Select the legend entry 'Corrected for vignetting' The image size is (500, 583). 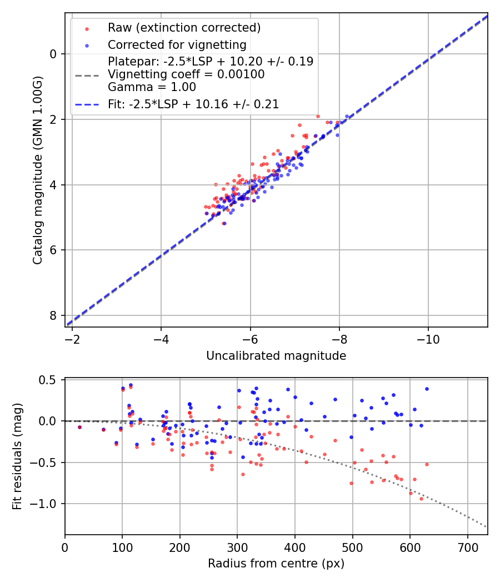pos(177,44)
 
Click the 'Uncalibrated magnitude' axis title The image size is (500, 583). pos(276,356)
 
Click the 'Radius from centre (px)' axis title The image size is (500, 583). pos(276,564)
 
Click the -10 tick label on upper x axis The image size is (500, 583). pos(428,338)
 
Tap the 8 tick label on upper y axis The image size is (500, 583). pos(53,315)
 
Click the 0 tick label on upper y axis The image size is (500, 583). pos(53,54)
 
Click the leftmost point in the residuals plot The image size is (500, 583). pos(79,427)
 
